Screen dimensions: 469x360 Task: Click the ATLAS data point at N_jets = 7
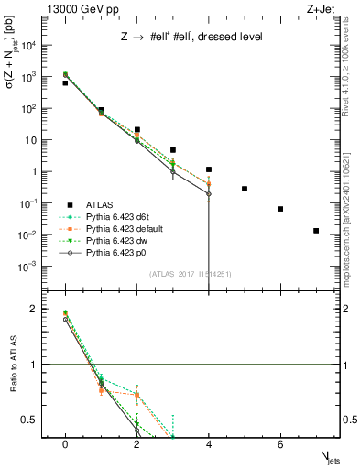click(316, 231)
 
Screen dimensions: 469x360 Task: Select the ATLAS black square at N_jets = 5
click(245, 189)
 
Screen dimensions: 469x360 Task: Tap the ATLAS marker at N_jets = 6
click(280, 209)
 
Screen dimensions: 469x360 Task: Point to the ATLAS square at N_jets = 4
click(209, 169)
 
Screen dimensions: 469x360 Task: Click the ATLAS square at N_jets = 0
click(65, 83)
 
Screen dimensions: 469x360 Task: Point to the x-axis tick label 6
click(280, 444)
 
